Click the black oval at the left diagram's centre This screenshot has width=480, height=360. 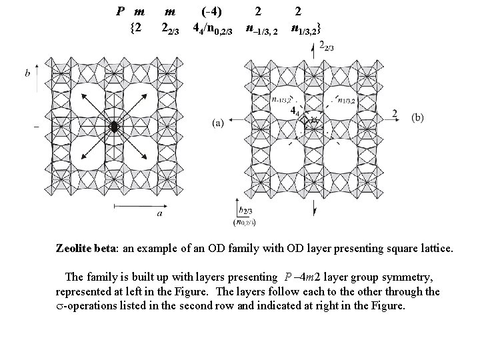114,126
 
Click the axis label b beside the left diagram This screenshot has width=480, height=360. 27,73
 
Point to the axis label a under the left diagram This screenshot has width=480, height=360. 160,214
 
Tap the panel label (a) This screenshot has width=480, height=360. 217,123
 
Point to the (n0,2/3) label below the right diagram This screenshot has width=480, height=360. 245,221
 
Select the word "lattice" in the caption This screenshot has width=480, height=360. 435,249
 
